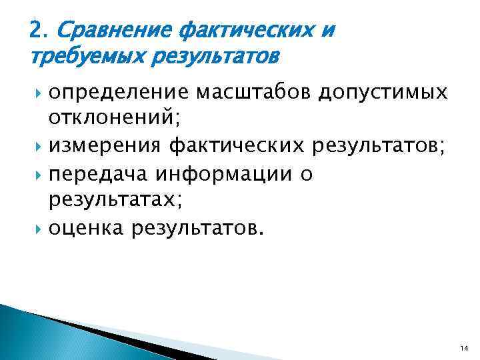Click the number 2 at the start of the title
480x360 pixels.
36,30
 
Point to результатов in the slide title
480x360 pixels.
213,55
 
